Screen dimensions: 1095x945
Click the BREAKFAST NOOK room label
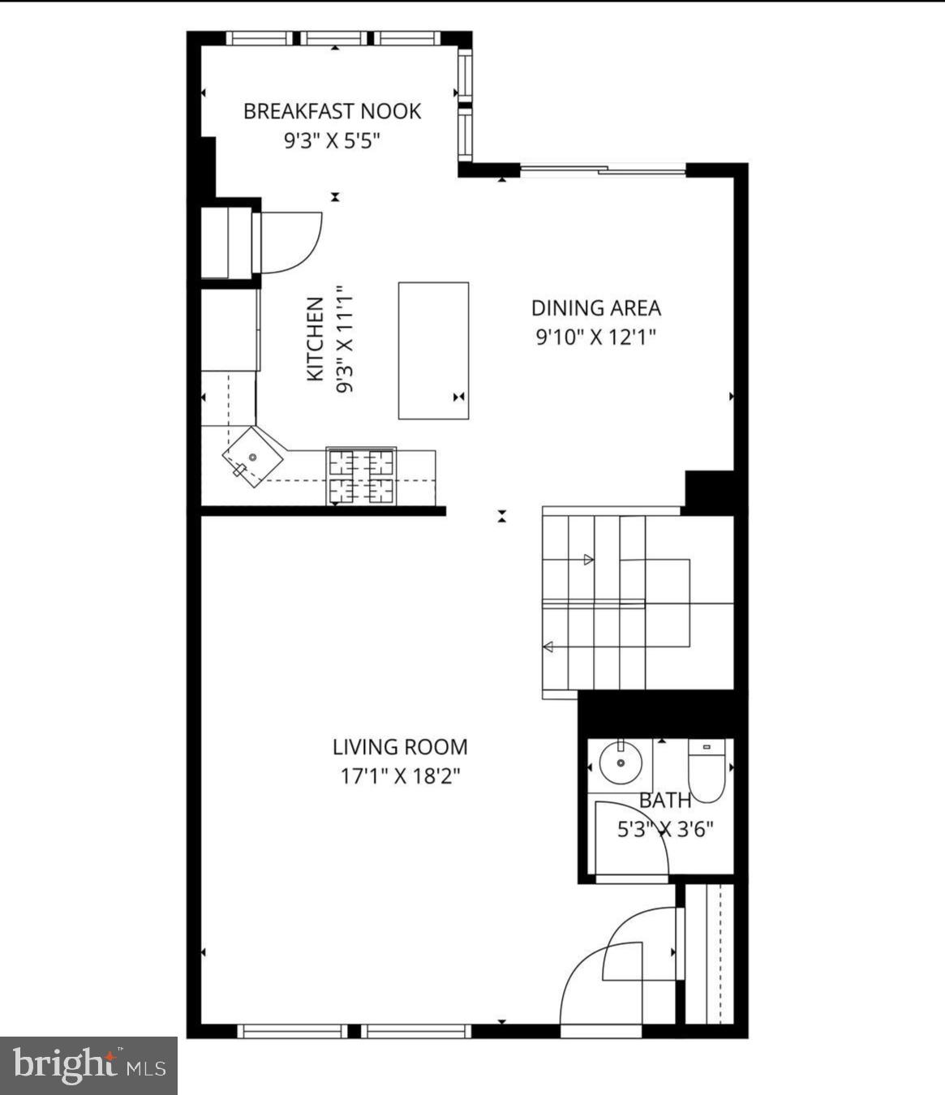pyautogui.click(x=332, y=111)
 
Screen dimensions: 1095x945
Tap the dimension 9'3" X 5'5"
pyautogui.click(x=332, y=141)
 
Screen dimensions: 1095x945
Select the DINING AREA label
pyautogui.click(x=595, y=308)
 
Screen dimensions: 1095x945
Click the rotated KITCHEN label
pyautogui.click(x=316, y=338)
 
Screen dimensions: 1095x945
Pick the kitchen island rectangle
pyautogui.click(x=433, y=350)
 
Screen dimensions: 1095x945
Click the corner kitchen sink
pyautogui.click(x=252, y=457)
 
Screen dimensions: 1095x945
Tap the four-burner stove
pyautogui.click(x=361, y=476)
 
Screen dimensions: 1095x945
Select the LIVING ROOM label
pyautogui.click(x=400, y=747)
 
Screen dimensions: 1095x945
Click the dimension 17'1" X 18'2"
pyautogui.click(x=400, y=776)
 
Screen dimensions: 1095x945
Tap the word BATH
pyautogui.click(x=665, y=801)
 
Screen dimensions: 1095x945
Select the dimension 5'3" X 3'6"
pyautogui.click(x=665, y=830)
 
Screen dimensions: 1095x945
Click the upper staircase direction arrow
pyautogui.click(x=589, y=560)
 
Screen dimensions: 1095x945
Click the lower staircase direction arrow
pyautogui.click(x=548, y=646)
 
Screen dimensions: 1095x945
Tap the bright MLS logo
pyautogui.click(x=88, y=1065)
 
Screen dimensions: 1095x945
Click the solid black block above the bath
pyautogui.click(x=659, y=714)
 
